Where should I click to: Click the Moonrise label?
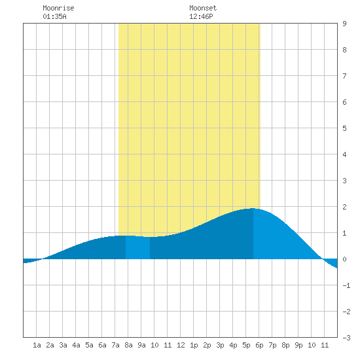pos(58,8)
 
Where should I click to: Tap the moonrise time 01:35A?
pos(54,16)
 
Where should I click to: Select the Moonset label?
pos(203,8)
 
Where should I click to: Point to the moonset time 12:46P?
pos(201,16)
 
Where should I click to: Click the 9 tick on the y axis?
pos(344,24)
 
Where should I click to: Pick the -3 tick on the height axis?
pos(346,338)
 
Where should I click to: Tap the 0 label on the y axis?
pos(344,259)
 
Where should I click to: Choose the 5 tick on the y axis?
pos(344,128)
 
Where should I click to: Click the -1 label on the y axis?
pos(346,285)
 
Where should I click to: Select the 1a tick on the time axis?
pos(37,345)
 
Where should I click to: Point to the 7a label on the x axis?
pos(115,345)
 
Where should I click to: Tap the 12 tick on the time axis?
pos(181,345)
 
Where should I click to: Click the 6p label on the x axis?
pos(259,345)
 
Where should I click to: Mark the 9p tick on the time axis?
pos(298,345)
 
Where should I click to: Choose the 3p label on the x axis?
pos(220,345)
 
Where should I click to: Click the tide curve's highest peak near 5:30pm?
pos(253,208)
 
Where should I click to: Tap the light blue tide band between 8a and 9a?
pos(137,247)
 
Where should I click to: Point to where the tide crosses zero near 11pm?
pos(323,259)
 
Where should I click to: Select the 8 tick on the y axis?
pos(344,50)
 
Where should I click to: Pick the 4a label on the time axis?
pos(76,345)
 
